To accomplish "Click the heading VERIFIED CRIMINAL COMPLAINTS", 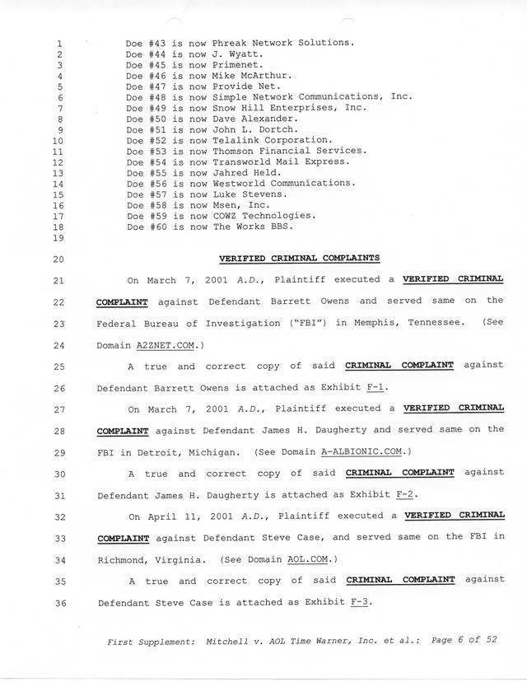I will pyautogui.click(x=299, y=258).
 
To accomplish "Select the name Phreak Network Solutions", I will pyautogui.click(x=283, y=42).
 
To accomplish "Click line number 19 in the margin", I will pyautogui.click(x=58, y=238).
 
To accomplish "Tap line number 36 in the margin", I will pyautogui.click(x=58, y=602).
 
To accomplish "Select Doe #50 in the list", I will pyautogui.click(x=142, y=119).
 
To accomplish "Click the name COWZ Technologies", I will pyautogui.click(x=263, y=216).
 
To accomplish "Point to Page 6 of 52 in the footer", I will pyautogui.click(x=464, y=639).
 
